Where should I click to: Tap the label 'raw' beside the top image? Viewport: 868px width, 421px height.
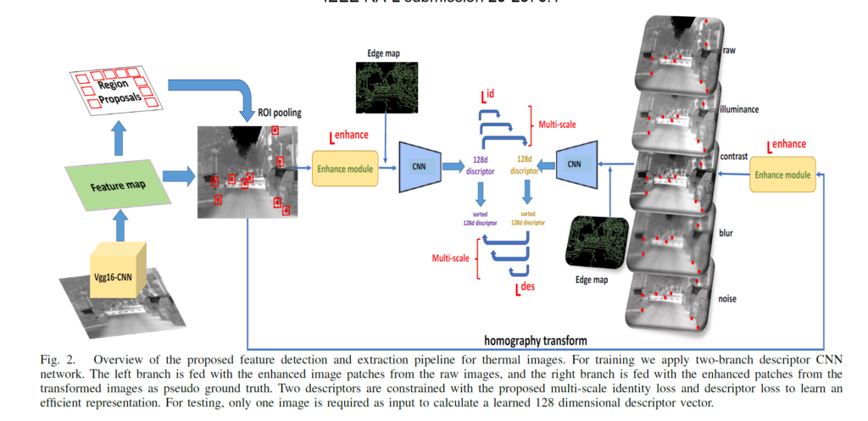pyautogui.click(x=728, y=52)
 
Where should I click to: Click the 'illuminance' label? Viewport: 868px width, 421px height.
pyautogui.click(x=741, y=109)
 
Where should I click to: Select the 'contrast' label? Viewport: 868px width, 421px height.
pyautogui.click(x=735, y=158)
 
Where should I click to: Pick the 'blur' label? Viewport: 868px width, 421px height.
pyautogui.click(x=726, y=231)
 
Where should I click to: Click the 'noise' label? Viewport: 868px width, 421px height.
pyautogui.click(x=727, y=300)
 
